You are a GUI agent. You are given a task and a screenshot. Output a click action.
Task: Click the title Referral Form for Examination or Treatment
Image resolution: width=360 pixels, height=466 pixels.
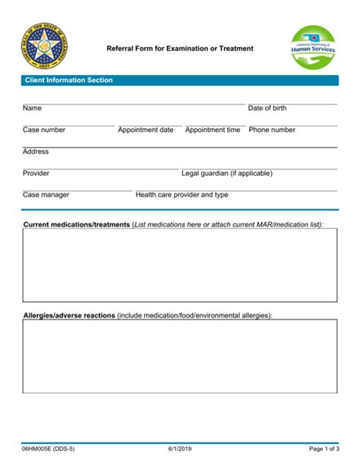tap(180, 49)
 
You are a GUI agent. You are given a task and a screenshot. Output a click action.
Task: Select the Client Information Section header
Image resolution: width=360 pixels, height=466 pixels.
tap(68, 80)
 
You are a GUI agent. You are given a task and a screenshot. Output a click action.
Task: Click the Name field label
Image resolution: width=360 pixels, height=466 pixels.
tap(32, 109)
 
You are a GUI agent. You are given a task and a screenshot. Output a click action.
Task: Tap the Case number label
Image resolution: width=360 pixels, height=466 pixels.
tap(44, 130)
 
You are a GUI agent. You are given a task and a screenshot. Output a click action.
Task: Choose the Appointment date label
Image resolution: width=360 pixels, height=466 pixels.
tap(146, 130)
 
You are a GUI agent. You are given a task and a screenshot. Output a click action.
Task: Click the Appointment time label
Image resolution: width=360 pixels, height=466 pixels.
tap(213, 130)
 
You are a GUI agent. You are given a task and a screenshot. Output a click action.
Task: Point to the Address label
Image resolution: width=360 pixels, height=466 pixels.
tap(36, 152)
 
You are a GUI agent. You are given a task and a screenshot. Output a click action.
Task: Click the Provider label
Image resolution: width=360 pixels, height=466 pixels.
tap(36, 173)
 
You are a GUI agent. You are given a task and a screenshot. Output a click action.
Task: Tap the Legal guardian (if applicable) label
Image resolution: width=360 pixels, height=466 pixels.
tap(226, 173)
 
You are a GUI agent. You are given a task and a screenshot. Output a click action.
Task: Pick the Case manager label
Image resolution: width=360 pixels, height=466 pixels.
tap(46, 195)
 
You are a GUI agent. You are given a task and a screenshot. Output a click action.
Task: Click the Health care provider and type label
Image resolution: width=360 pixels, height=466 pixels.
tap(182, 195)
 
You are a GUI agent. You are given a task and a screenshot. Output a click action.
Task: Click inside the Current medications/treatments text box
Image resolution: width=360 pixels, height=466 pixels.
tap(180, 266)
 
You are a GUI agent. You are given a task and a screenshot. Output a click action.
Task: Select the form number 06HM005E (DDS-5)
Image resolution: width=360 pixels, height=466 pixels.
tap(49, 449)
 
